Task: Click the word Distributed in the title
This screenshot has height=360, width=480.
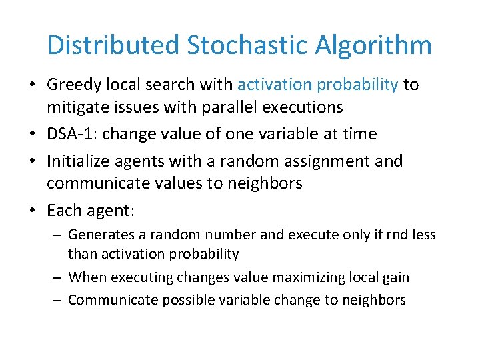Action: pyautogui.click(x=113, y=45)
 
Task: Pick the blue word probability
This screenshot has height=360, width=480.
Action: pyautogui.click(x=358, y=85)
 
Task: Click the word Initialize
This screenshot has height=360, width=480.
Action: pyautogui.click(x=77, y=161)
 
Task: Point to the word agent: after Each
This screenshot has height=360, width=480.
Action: pyautogui.click(x=111, y=211)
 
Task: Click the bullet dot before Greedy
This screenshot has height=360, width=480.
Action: pyautogui.click(x=32, y=85)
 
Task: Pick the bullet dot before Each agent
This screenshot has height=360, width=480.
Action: pyautogui.click(x=32, y=211)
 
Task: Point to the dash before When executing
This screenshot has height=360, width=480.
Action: pyautogui.click(x=59, y=277)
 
